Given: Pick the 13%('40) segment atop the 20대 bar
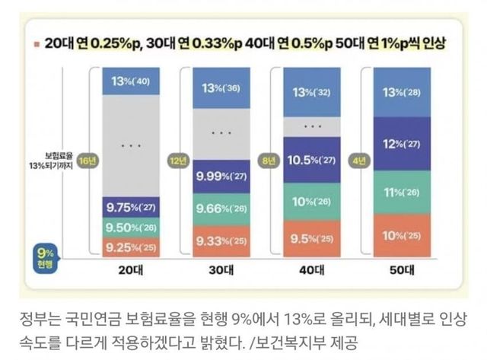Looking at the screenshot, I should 125,81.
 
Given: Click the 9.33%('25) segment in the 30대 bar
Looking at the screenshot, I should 220,241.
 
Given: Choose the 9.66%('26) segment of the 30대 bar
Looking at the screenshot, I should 220,209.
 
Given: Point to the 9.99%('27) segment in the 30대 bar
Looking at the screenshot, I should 220,176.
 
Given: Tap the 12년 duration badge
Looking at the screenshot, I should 180,161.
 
